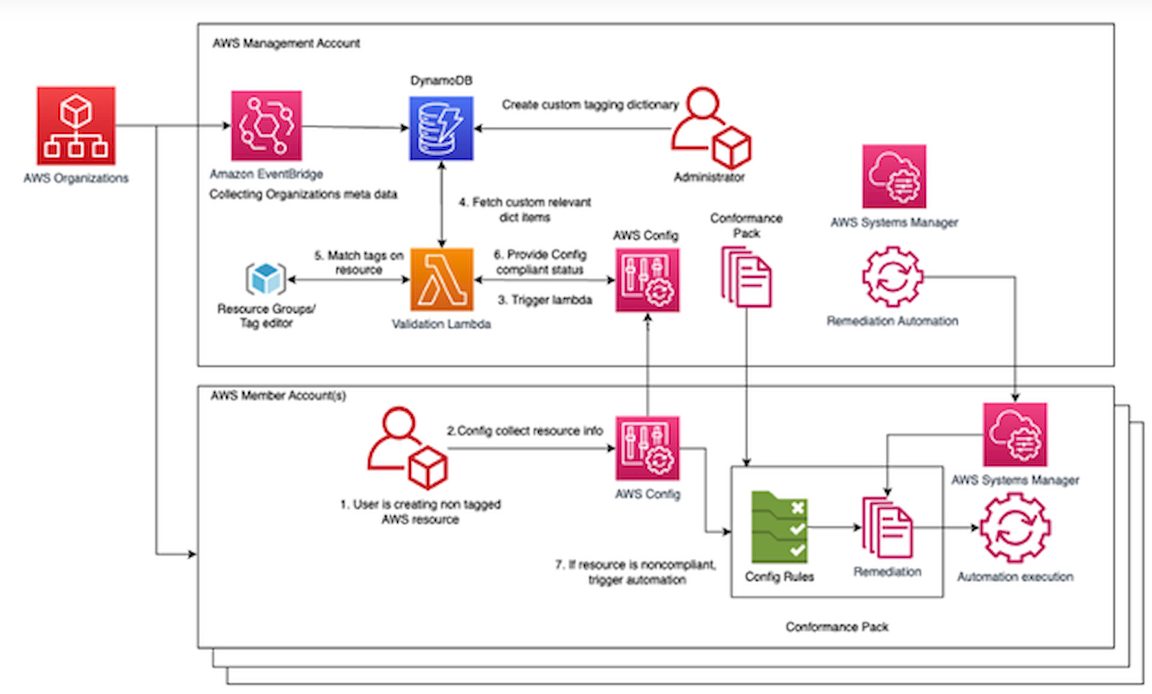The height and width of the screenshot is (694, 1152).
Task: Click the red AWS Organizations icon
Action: point(76,125)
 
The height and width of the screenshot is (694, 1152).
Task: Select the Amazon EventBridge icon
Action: point(266,125)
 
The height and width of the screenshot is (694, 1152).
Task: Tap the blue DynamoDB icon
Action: point(441,128)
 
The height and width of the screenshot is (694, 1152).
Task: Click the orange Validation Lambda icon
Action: point(442,280)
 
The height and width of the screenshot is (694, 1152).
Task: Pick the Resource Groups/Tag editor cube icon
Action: point(266,279)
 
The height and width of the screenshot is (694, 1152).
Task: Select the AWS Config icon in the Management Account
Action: point(647,280)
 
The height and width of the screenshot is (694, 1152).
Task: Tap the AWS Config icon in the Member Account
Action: point(647,448)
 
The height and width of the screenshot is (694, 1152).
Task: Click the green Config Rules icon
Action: point(779,527)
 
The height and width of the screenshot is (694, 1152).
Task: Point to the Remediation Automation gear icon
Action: point(892,277)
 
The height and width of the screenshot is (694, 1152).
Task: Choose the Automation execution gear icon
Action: point(1015,528)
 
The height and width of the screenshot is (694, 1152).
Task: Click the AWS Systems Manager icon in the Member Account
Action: point(1015,435)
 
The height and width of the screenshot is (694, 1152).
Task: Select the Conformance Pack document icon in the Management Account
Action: point(746,277)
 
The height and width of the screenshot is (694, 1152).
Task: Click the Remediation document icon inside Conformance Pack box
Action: point(887,528)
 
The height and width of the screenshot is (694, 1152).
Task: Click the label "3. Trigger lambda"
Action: point(545,300)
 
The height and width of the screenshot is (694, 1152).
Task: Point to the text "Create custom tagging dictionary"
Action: point(590,105)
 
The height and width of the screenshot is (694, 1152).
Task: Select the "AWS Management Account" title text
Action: point(286,43)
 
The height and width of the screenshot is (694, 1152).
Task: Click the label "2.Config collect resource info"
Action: point(524,431)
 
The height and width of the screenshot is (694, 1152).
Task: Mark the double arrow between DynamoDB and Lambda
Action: point(442,204)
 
